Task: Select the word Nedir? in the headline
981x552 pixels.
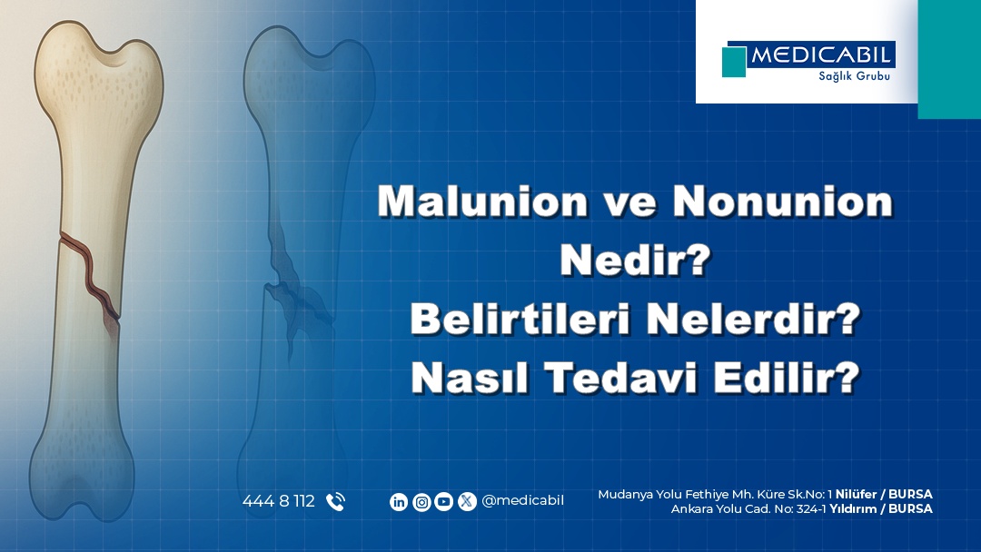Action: coord(633,261)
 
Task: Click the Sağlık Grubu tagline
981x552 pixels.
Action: coord(847,76)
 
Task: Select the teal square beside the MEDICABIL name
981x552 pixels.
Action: coord(734,62)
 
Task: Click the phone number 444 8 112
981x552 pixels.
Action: coord(278,501)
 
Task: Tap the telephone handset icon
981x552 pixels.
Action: coord(335,501)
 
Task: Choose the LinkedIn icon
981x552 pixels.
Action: coord(399,501)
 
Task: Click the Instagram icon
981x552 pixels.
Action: coord(421,501)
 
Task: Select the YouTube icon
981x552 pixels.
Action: coord(444,501)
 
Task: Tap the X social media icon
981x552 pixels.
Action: coord(467,501)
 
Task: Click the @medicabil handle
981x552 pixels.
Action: coord(522,500)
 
